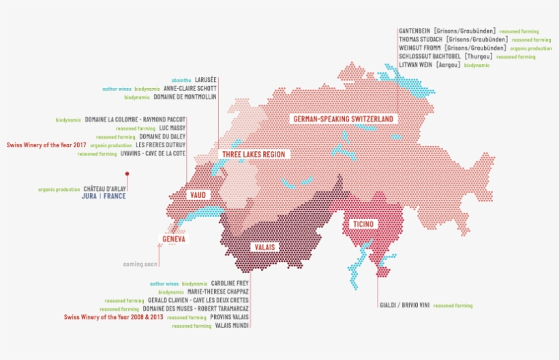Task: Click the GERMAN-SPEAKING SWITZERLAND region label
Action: pyautogui.click(x=344, y=119)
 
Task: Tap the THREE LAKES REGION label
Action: pyautogui.click(x=254, y=155)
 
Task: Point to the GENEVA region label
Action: pyautogui.click(x=174, y=239)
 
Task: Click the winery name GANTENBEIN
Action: pyautogui.click(x=414, y=31)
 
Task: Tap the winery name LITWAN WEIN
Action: pyautogui.click(x=415, y=65)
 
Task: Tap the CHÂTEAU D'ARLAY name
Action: pyautogui.click(x=104, y=188)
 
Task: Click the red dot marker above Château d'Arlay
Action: pyautogui.click(x=126, y=174)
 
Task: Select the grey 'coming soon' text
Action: pyautogui.click(x=140, y=264)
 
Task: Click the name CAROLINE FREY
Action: pyautogui.click(x=230, y=283)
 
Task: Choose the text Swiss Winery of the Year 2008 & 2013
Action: pyautogui.click(x=113, y=317)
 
